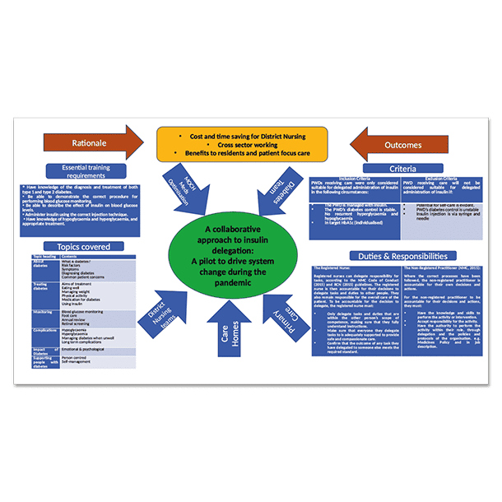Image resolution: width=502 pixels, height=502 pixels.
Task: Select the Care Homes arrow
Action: [x=231, y=325]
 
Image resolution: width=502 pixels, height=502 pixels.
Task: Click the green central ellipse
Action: [x=231, y=255]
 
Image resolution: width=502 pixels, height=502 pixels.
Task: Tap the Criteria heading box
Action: [x=404, y=169]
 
